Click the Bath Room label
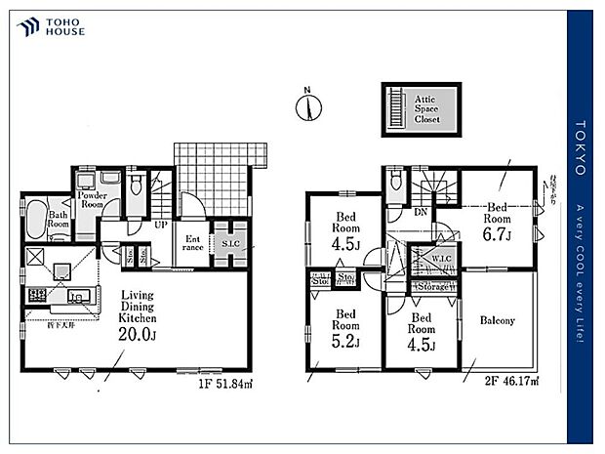tap(59, 219)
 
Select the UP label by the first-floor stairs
tap(158, 224)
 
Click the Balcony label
tap(498, 320)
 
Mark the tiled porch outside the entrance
tap(219, 166)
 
